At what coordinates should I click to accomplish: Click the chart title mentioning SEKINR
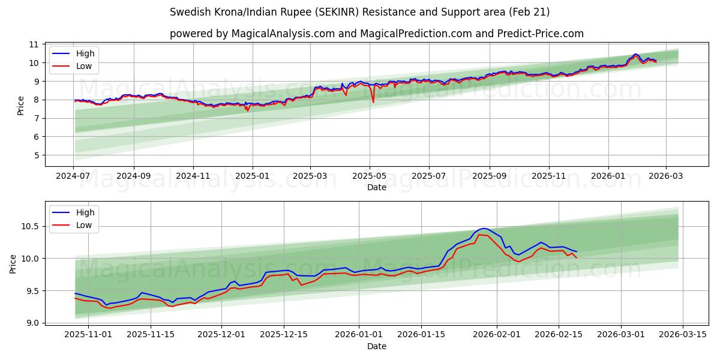point(359,12)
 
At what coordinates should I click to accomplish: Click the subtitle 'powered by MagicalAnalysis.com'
point(376,34)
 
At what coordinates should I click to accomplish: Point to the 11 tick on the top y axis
point(34,44)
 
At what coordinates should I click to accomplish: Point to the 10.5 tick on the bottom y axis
point(29,226)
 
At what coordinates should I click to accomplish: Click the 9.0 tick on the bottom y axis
point(31,323)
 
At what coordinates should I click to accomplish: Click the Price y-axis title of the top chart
point(21,106)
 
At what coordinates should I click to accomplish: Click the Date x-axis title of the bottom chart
point(376,346)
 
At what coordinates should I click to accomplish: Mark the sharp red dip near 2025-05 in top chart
point(373,102)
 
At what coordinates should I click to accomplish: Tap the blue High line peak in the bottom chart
point(484,228)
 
